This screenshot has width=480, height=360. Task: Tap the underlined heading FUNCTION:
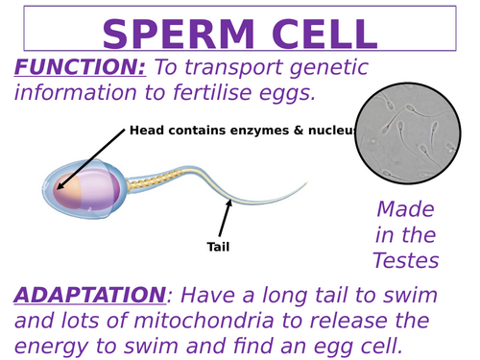coord(80,68)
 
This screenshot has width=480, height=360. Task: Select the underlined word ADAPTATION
coord(89,294)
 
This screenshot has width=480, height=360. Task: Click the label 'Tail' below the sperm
coord(219,247)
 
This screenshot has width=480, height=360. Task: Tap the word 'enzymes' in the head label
coord(244,131)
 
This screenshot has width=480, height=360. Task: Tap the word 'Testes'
coord(406,260)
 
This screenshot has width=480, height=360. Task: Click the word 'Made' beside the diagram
coord(406,208)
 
